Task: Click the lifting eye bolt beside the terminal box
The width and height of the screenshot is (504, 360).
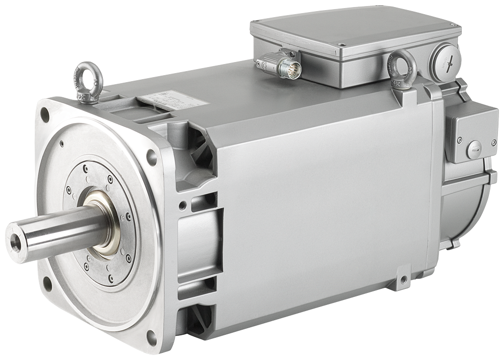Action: coord(401,67)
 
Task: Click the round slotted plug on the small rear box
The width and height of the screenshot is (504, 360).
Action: coord(473,149)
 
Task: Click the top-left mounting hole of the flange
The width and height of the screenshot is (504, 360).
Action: coord(45,115)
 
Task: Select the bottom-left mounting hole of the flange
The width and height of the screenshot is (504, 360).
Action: coord(47,283)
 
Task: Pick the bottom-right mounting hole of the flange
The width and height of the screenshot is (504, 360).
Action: coord(151,337)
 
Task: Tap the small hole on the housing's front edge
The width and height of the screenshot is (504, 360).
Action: coord(182,205)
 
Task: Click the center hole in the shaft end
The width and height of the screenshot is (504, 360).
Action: coord(16,242)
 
